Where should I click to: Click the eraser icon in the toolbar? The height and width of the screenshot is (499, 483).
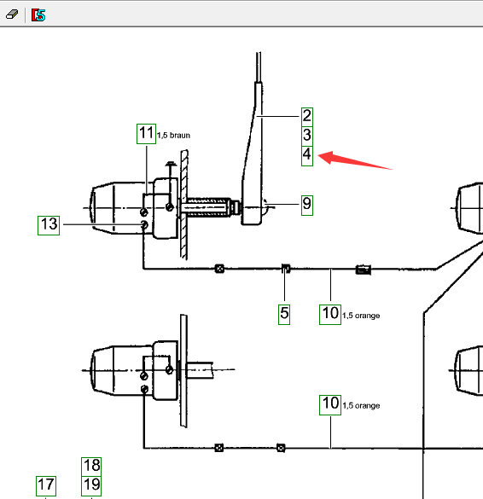click(x=12, y=15)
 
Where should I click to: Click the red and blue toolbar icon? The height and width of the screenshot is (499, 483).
click(x=38, y=15)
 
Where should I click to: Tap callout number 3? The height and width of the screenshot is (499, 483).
click(x=307, y=136)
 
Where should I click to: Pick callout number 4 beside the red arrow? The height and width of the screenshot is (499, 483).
click(x=307, y=155)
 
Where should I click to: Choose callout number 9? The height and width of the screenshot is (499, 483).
click(x=307, y=206)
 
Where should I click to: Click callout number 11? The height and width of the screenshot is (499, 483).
click(x=146, y=134)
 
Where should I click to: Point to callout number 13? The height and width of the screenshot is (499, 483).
click(x=49, y=225)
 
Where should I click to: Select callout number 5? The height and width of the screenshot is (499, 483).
click(x=284, y=315)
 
